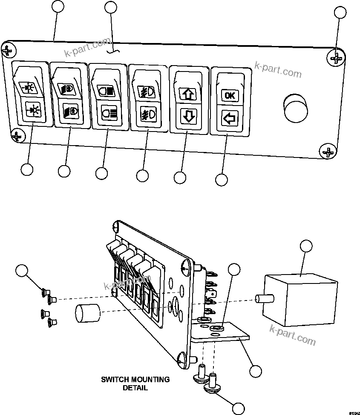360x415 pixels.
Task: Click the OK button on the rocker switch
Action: click(x=229, y=95)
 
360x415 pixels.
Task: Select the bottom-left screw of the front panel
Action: click(x=17, y=136)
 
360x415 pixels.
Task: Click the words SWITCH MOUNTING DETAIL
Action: click(x=135, y=383)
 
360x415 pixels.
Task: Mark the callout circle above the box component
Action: click(x=306, y=246)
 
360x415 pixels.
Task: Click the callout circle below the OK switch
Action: click(x=222, y=180)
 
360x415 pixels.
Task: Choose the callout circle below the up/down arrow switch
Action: click(x=180, y=177)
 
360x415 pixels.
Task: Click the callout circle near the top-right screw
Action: click(x=340, y=12)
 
